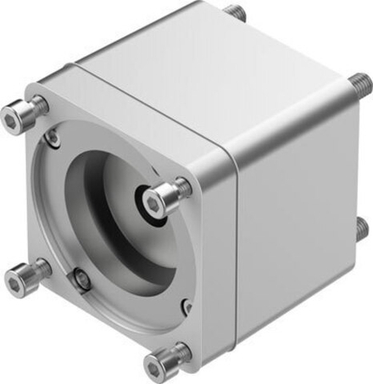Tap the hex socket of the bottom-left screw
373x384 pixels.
point(14,279)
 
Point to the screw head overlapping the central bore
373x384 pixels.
point(158,198)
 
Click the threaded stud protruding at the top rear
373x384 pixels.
point(235,13)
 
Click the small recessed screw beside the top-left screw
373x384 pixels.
point(53,135)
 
